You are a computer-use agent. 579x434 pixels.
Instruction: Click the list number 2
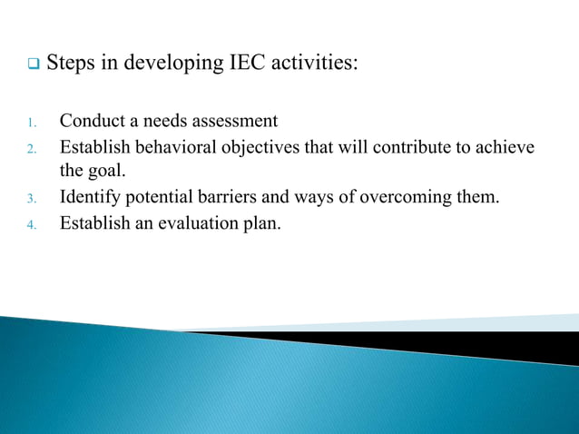(x=30, y=148)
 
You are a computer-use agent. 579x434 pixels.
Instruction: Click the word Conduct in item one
(x=91, y=121)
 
